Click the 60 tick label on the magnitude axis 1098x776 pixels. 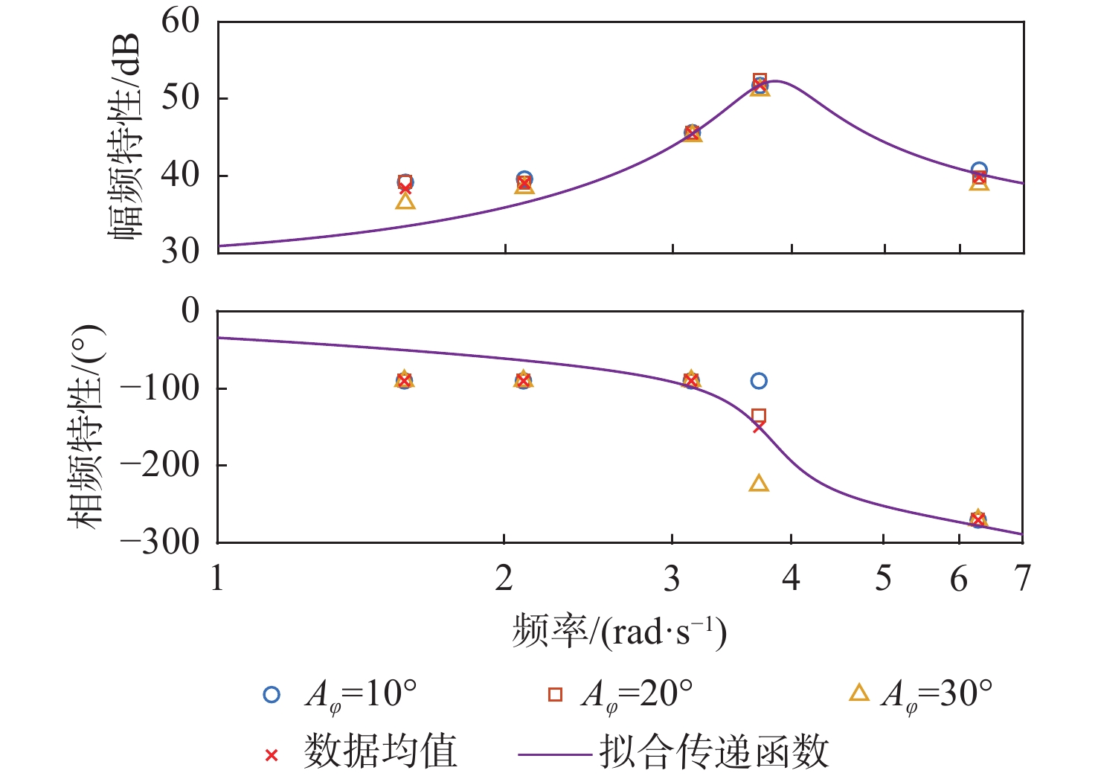[x=181, y=21]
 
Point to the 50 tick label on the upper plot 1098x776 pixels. [x=181, y=97]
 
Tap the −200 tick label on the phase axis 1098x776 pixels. [x=160, y=464]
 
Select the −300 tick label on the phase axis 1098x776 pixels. [x=160, y=542]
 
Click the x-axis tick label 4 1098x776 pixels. [x=791, y=578]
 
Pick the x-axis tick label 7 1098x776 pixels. [x=1023, y=578]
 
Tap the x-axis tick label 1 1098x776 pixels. [x=217, y=578]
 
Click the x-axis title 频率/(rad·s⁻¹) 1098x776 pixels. [x=619, y=632]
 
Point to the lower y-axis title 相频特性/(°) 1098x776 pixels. [x=87, y=427]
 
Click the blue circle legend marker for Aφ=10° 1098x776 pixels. [x=272, y=694]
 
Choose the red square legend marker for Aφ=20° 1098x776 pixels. [x=555, y=694]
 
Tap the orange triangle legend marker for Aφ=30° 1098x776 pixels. [x=859, y=693]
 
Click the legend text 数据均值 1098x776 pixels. [x=380, y=751]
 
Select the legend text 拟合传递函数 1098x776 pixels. [x=714, y=751]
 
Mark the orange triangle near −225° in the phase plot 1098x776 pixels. [x=759, y=484]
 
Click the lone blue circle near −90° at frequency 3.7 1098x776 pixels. [x=759, y=381]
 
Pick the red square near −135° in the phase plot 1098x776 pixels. [x=759, y=416]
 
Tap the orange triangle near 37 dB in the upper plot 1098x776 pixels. [x=405, y=201]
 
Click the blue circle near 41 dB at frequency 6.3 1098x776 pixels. [x=979, y=170]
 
